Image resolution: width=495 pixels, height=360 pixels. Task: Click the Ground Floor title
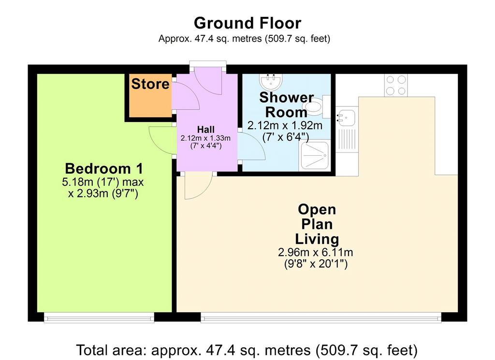click(247, 23)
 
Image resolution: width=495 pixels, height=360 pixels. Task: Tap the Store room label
click(150, 84)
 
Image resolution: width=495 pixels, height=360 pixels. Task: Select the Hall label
click(206, 129)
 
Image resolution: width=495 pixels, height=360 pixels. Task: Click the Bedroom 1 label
click(104, 168)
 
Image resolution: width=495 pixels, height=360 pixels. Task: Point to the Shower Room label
click(286, 105)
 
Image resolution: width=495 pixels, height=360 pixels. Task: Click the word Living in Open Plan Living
click(317, 239)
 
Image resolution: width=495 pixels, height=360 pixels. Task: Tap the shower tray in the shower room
click(315, 155)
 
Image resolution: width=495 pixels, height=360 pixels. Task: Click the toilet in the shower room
click(316, 106)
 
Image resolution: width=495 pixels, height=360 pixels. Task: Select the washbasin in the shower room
click(271, 82)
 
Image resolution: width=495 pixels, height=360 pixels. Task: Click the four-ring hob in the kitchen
click(396, 85)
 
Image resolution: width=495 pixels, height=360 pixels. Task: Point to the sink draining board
click(347, 139)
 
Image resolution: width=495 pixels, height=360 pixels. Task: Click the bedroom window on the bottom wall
click(99, 317)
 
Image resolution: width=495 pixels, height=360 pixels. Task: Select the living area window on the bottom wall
click(321, 317)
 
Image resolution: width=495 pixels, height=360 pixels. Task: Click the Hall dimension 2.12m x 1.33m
click(205, 138)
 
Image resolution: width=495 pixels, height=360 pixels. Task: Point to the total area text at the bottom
click(247, 350)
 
